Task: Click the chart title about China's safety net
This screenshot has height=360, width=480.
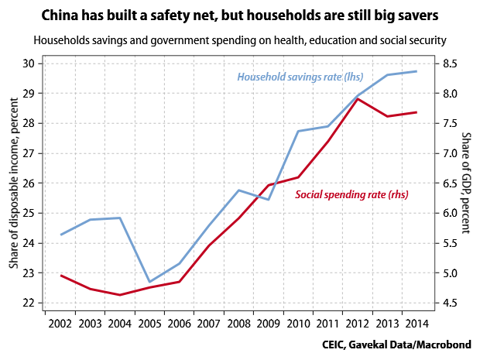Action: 240,15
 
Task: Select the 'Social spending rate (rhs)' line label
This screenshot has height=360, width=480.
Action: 352,195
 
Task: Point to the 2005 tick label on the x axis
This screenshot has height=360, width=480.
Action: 149,321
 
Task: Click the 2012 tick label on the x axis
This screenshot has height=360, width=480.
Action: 358,321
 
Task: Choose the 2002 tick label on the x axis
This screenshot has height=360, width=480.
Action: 60,321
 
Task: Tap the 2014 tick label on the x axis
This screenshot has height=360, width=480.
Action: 417,321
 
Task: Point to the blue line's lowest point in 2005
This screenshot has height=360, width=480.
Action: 149,282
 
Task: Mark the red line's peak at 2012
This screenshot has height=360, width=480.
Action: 358,99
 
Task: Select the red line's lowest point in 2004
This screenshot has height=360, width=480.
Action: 119,295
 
